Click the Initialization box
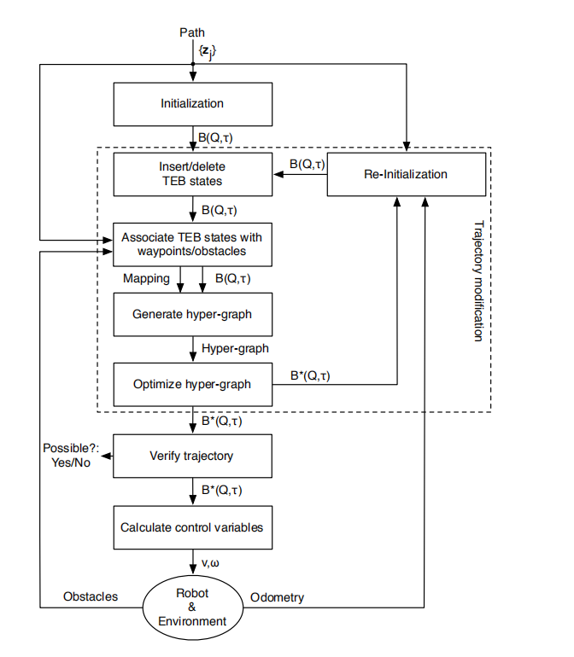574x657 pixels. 192,104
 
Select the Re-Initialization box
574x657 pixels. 405,174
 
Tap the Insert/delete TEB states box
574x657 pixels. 192,174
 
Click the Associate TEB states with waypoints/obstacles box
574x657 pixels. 192,244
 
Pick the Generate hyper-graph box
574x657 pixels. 192,314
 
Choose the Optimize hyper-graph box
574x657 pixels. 192,384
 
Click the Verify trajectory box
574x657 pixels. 192,456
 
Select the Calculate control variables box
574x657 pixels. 192,526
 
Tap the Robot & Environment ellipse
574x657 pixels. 192,607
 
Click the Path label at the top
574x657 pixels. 192,32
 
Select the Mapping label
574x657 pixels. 146,279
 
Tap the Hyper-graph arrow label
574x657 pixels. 235,349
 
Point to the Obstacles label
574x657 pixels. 91,596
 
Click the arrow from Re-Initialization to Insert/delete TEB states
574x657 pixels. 299,175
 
